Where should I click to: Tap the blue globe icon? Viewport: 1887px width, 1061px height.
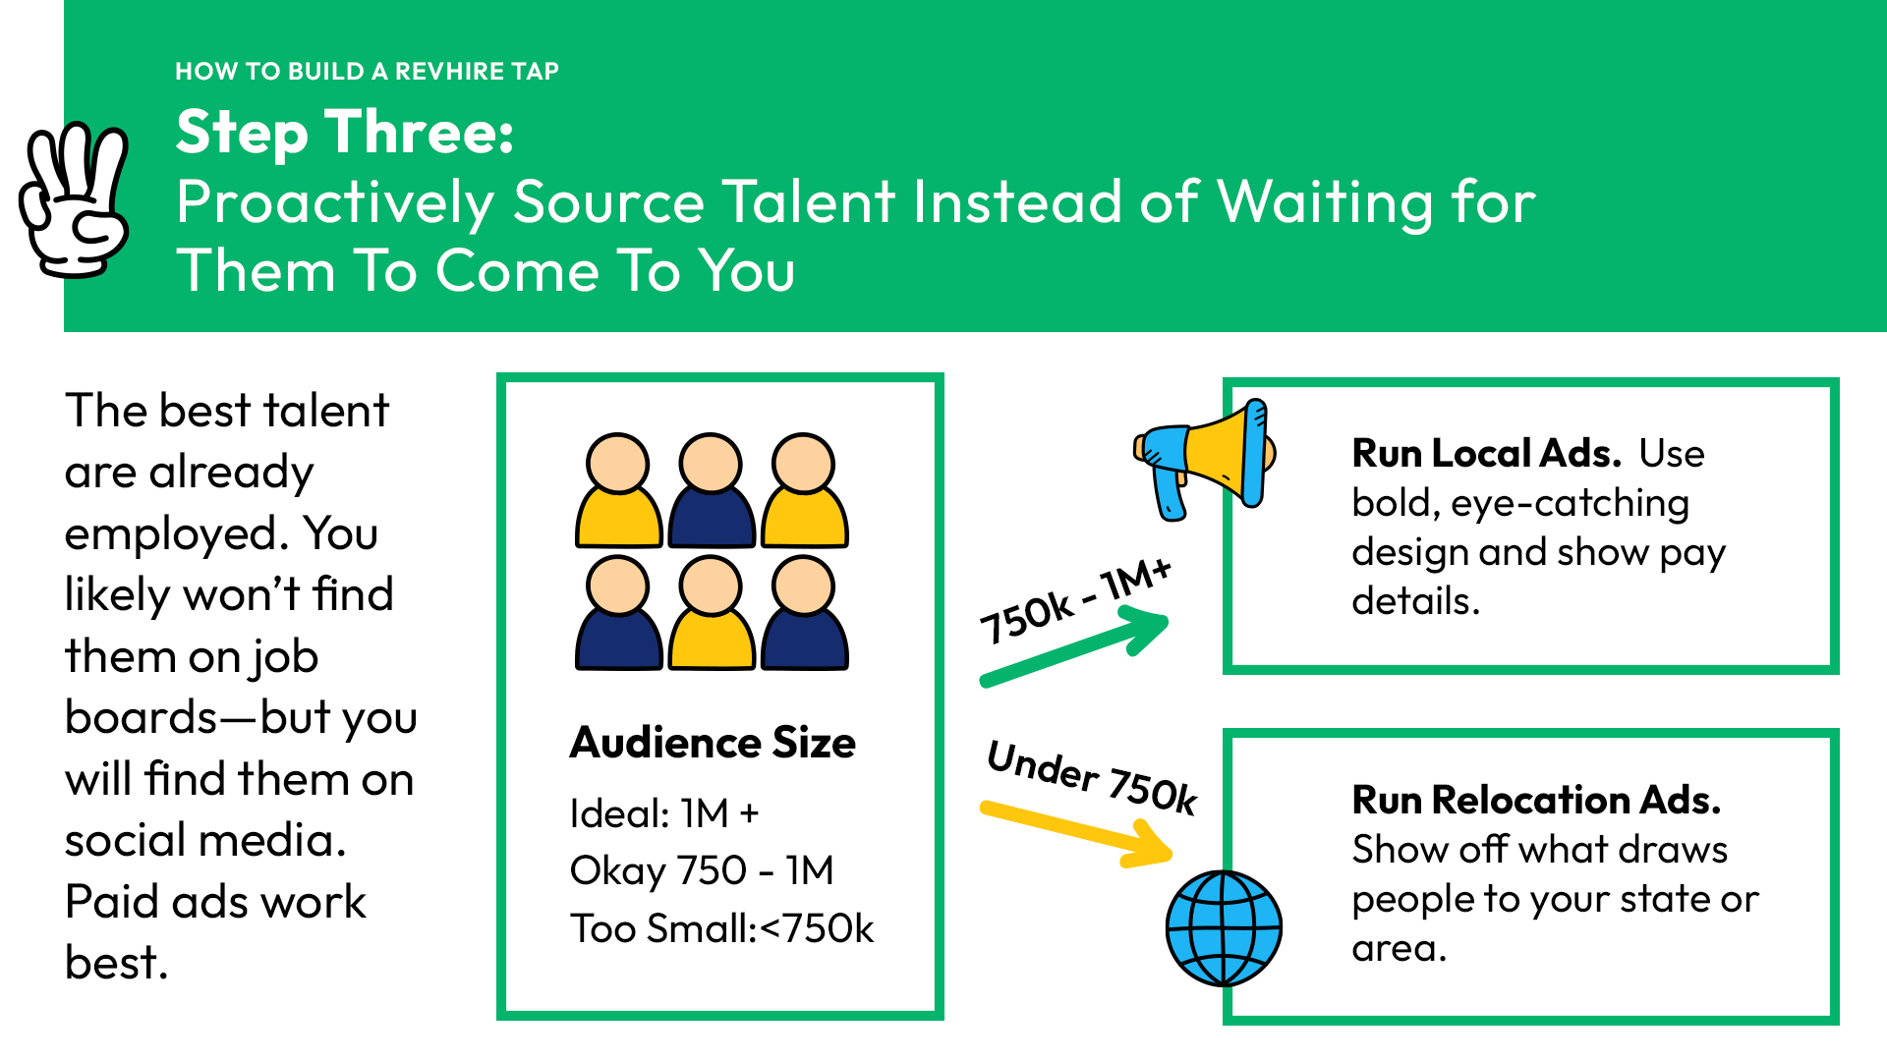click(x=1224, y=928)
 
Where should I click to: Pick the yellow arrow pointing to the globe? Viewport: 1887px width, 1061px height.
click(x=1077, y=834)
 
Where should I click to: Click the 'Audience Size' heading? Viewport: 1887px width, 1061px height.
click(x=713, y=743)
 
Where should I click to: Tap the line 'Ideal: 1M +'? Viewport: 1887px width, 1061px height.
click(x=664, y=813)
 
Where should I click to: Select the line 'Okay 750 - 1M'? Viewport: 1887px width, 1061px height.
click(x=702, y=870)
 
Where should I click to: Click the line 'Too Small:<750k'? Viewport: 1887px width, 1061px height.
click(x=721, y=928)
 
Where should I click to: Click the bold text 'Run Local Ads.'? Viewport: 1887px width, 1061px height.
click(x=1486, y=453)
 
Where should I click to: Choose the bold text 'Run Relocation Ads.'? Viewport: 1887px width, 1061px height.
click(x=1536, y=800)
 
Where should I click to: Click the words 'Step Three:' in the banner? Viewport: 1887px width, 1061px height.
click(x=345, y=133)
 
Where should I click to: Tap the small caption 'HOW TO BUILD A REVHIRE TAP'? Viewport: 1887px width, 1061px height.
click(x=367, y=71)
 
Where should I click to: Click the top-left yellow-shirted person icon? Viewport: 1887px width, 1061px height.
click(x=618, y=490)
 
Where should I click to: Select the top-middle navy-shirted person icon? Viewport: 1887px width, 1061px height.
click(x=712, y=490)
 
